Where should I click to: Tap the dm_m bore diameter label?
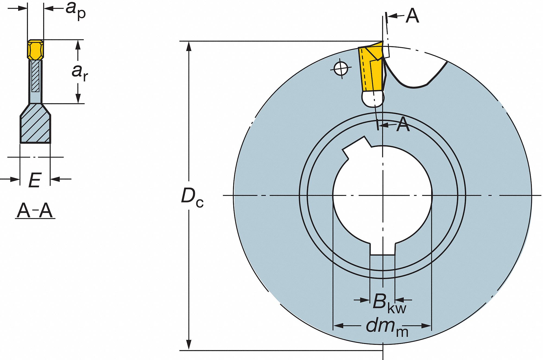pyautogui.click(x=387, y=327)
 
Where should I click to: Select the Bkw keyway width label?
pyautogui.click(x=389, y=304)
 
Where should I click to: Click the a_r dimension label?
pyautogui.click(x=80, y=72)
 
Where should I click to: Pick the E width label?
pyautogui.click(x=35, y=180)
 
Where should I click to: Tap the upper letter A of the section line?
pyautogui.click(x=412, y=15)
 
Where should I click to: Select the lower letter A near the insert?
pyautogui.click(x=403, y=125)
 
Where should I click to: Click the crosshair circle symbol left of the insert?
pyautogui.click(x=341, y=69)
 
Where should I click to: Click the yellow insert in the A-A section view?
pyautogui.click(x=35, y=50)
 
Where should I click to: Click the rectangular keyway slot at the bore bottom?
pyautogui.click(x=382, y=248)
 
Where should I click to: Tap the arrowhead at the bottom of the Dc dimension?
pyautogui.click(x=189, y=345)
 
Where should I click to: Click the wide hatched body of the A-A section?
pyautogui.click(x=35, y=123)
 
